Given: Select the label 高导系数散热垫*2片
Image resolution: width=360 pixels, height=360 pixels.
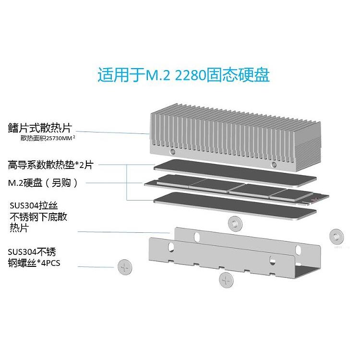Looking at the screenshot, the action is click(50, 165).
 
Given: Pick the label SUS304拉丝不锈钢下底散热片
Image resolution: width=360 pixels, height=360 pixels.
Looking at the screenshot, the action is click(38, 217).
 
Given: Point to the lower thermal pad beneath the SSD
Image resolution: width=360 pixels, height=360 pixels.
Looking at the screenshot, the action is click(235, 204).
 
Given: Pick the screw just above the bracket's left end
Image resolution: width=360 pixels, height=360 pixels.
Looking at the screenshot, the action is click(234, 223).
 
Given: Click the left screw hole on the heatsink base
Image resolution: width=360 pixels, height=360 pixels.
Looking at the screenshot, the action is click(171, 152).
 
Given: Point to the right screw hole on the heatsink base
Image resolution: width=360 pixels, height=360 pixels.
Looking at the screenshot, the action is click(274, 165).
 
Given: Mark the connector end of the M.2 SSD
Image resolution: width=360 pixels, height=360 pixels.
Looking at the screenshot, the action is click(319, 197).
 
